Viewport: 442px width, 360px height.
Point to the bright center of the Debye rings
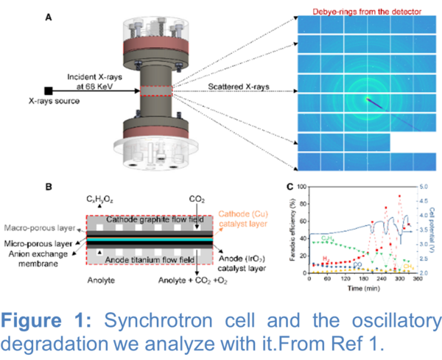tap(366, 99)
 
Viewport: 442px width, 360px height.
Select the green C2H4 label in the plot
tap(325, 237)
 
